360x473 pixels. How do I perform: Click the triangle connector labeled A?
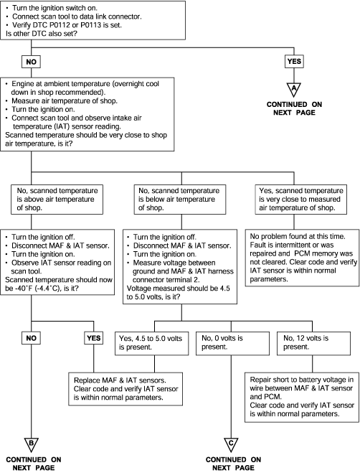pyautogui.click(x=294, y=88)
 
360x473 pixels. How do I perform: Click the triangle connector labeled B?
pyautogui.click(x=32, y=444)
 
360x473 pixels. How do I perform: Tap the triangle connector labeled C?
pyautogui.click(x=231, y=444)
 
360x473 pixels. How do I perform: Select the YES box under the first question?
pyautogui.click(x=294, y=62)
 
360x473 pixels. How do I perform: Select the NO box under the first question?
pyautogui.click(x=31, y=62)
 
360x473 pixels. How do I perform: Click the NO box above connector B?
pyautogui.click(x=31, y=338)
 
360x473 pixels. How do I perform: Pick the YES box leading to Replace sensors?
pyautogui.click(x=93, y=338)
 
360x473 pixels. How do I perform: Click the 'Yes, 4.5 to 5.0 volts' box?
pyautogui.click(x=151, y=343)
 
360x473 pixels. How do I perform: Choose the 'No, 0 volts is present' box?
pyautogui.click(x=232, y=343)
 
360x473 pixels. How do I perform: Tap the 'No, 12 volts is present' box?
pyautogui.click(x=313, y=343)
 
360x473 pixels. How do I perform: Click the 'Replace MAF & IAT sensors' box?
pyautogui.click(x=125, y=389)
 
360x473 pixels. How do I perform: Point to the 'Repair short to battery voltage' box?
pyautogui.click(x=302, y=397)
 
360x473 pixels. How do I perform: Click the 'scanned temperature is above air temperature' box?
pyautogui.click(x=57, y=200)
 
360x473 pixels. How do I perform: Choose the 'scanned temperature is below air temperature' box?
pyautogui.click(x=180, y=200)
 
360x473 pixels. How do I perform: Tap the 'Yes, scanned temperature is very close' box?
pyautogui.click(x=301, y=200)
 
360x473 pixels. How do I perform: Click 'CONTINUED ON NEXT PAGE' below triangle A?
pyautogui.click(x=294, y=108)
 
